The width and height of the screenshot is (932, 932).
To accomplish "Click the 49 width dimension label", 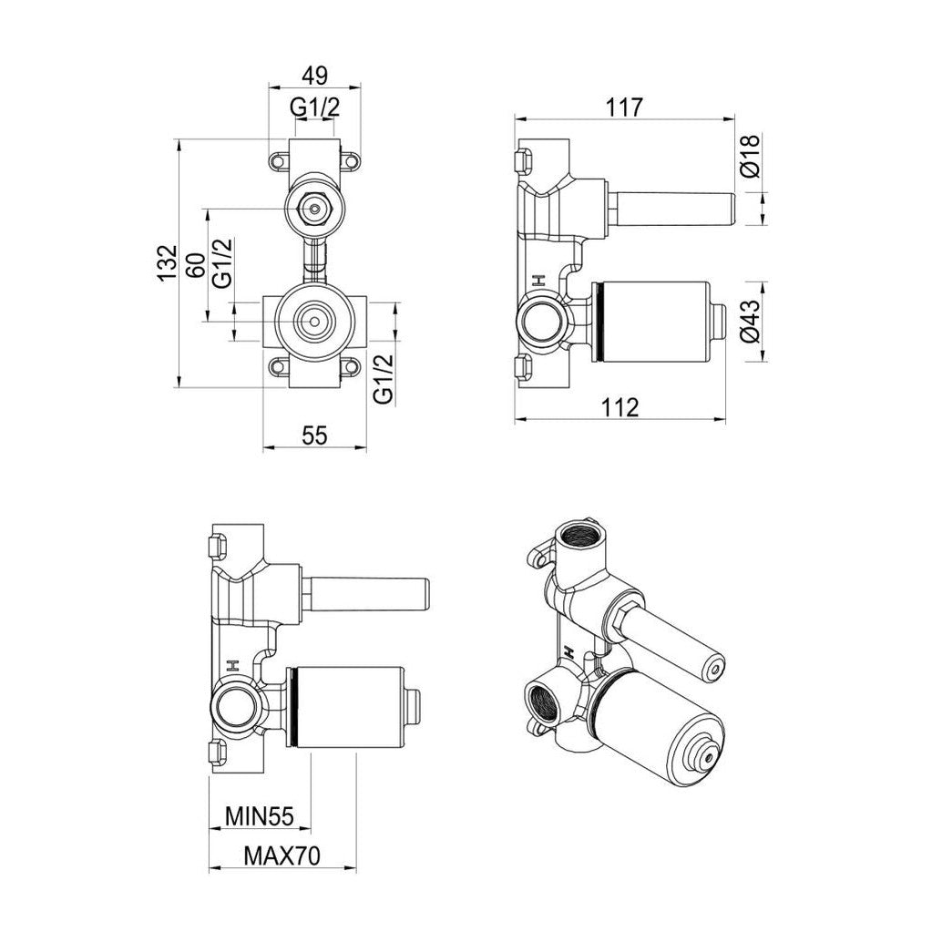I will click(x=315, y=75).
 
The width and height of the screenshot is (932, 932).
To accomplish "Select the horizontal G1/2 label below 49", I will click(x=315, y=107).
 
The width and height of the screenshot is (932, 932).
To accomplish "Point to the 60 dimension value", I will click(x=193, y=265).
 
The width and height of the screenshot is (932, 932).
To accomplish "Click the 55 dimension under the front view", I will click(x=314, y=435).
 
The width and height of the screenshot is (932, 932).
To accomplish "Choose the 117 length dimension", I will click(x=624, y=107).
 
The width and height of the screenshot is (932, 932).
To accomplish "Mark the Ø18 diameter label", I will click(x=749, y=156).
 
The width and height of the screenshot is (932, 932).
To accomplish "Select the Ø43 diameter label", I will click(x=749, y=322).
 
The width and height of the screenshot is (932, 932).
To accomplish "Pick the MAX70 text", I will click(x=282, y=856).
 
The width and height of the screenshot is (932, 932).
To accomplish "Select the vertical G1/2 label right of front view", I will click(x=384, y=378).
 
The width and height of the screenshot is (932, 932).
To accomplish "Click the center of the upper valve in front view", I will click(x=314, y=210).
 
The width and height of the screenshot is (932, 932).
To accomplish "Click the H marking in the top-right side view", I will click(x=538, y=281).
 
